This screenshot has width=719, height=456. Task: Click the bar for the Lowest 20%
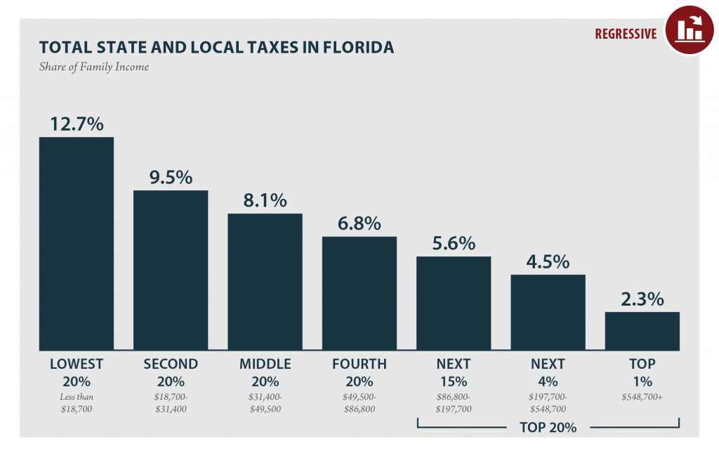[76, 243]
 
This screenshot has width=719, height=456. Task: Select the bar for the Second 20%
[171, 270]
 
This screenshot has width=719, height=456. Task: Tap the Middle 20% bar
[265, 282]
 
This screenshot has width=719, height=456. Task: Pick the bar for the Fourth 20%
[359, 293]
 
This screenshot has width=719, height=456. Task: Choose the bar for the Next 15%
[454, 303]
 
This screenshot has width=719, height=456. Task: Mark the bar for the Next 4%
[548, 312]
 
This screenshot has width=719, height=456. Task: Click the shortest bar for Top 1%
[642, 331]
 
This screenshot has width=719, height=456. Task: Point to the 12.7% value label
[76, 124]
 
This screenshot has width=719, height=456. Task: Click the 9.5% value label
[171, 177]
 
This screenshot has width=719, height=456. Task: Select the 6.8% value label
[359, 223]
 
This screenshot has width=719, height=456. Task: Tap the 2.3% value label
[642, 299]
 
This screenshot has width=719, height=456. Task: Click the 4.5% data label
[548, 261]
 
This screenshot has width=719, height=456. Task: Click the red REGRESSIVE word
[626, 34]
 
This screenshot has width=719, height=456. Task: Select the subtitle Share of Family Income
[94, 67]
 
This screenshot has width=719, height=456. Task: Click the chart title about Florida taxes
[216, 47]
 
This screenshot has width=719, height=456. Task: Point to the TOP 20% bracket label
[548, 426]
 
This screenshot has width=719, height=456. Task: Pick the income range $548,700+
[642, 398]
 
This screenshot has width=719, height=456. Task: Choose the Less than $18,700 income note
[76, 403]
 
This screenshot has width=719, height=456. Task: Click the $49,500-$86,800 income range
[359, 403]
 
